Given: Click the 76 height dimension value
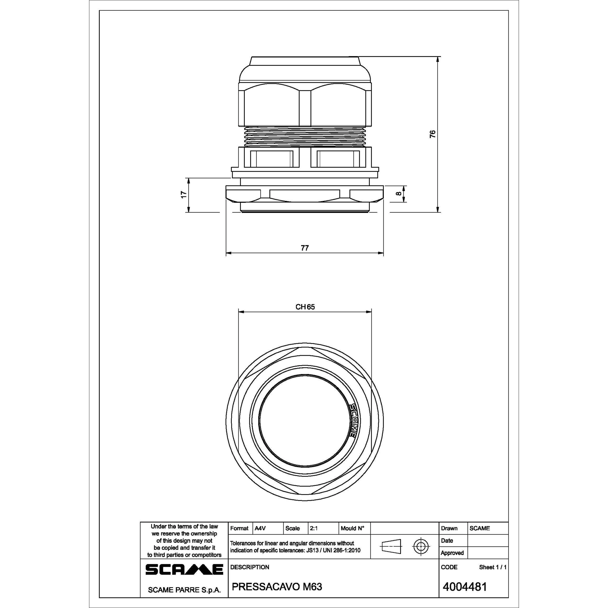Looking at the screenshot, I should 433,134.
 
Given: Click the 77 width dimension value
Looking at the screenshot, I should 305,248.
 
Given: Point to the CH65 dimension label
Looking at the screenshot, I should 305,307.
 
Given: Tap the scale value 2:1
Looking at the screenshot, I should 314,528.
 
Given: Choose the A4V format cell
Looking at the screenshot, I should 260,528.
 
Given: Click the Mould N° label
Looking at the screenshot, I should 352,528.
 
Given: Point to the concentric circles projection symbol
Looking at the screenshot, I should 421,547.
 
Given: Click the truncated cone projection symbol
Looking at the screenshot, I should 391,547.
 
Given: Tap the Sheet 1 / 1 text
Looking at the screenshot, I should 492,567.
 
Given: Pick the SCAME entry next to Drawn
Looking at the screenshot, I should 480,528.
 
